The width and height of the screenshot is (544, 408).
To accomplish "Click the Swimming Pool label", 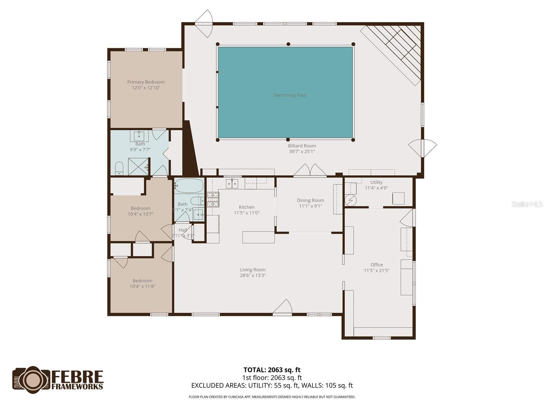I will pyautogui.click(x=290, y=95).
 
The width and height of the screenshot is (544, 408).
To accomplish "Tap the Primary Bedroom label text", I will pyautogui.click(x=146, y=82).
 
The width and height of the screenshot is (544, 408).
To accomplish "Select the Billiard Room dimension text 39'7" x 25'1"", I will pyautogui.click(x=302, y=152).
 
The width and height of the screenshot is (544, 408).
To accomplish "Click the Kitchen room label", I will pyautogui.click(x=247, y=207).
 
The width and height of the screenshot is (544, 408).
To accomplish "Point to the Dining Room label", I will pyautogui.click(x=310, y=200).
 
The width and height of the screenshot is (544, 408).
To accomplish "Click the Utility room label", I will pyautogui.click(x=376, y=182).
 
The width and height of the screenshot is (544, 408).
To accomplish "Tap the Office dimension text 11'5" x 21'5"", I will pyautogui.click(x=376, y=271).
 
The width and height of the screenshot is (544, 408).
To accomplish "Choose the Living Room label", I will pyautogui.click(x=253, y=270).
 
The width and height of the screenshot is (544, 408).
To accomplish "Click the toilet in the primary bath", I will pyautogui.click(x=119, y=168).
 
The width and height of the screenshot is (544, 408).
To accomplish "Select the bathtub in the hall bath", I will pyautogui.click(x=189, y=186).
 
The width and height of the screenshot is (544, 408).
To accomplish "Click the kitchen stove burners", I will pyautogui.click(x=213, y=200).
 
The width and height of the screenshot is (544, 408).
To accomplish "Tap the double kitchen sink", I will pyautogui.click(x=232, y=184).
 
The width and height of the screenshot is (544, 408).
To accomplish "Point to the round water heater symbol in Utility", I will pyautogui.click(x=351, y=200).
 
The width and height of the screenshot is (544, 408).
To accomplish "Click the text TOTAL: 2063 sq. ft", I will pyautogui.click(x=272, y=370).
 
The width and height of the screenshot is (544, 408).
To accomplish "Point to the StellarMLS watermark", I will pyautogui.click(x=527, y=204).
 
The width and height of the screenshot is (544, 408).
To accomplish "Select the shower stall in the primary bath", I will pyautogui.click(x=138, y=166).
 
